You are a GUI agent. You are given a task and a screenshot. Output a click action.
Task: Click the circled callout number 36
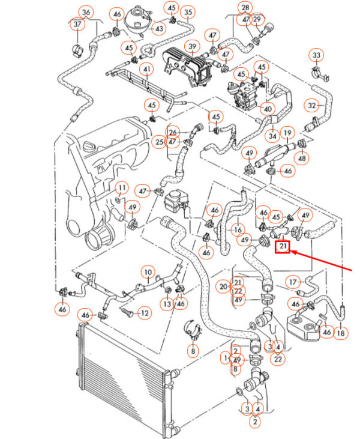(86, 13)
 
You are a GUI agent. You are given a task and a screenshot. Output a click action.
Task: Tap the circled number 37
(77, 25)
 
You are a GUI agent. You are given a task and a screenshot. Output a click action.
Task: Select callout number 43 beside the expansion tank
(159, 29)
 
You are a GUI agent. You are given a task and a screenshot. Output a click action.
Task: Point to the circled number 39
(193, 46)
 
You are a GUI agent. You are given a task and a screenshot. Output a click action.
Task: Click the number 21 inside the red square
(283, 246)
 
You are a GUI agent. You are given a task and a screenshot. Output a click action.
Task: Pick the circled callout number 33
(316, 55)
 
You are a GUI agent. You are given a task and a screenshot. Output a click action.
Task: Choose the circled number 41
(146, 69)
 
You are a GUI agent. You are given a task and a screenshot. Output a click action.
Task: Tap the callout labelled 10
(148, 272)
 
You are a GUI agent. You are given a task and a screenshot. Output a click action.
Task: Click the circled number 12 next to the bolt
(145, 313)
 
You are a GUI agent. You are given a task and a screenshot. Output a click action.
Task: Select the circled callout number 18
(341, 333)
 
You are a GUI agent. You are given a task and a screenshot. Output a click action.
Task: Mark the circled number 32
(311, 105)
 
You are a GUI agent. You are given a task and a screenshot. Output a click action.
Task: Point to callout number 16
(238, 230)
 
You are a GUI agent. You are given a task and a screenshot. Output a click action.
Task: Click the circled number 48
(302, 158)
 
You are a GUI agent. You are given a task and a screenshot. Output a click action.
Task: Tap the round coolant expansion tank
(137, 19)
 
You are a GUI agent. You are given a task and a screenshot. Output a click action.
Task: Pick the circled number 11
(122, 187)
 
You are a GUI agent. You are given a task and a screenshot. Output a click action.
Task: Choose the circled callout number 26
(173, 133)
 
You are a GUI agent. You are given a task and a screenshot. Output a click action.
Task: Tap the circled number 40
(268, 109)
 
